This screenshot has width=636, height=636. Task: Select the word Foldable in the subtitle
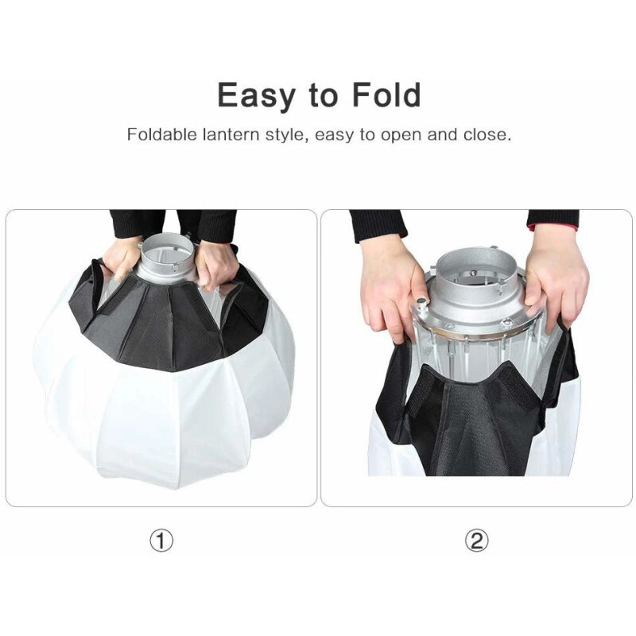pos(161,134)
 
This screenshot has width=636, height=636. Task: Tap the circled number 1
pos(161,541)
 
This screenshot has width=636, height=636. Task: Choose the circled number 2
pos(476,541)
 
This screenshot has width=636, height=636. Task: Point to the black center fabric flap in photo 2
pos(469,429)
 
